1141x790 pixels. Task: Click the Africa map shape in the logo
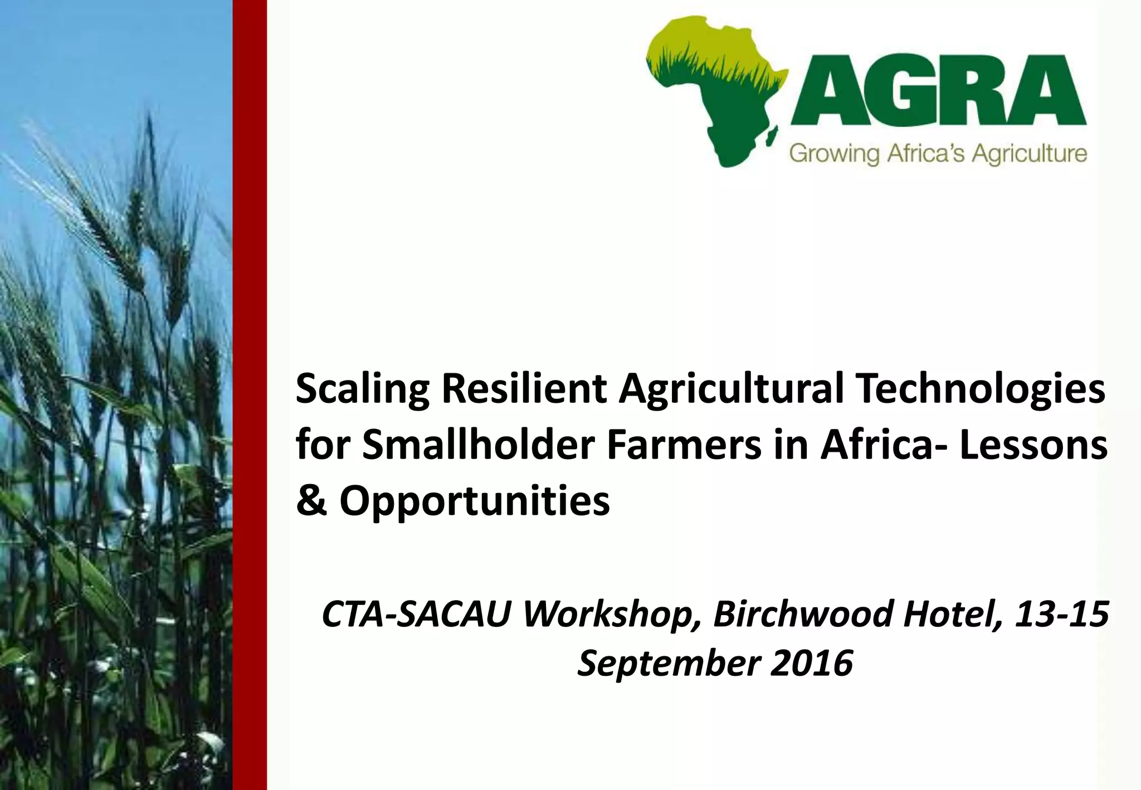point(719,89)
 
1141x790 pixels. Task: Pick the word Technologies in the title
point(981,390)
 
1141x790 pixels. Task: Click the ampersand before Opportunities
point(311,500)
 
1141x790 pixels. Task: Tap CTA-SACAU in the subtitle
point(417,613)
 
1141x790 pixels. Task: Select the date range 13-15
point(1061,613)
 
